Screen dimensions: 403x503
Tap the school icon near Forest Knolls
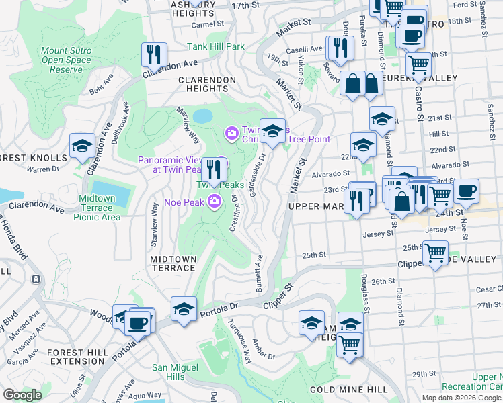[82, 146]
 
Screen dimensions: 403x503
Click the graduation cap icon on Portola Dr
[184, 310]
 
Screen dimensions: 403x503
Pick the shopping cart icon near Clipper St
[435, 254]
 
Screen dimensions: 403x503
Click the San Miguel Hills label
[177, 372]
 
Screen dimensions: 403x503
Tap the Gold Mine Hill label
[348, 390]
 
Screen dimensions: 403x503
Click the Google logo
[23, 395]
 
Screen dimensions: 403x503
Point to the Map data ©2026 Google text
[461, 397]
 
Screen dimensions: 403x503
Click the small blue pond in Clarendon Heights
[202, 116]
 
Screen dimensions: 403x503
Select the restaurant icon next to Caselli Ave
[340, 48]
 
